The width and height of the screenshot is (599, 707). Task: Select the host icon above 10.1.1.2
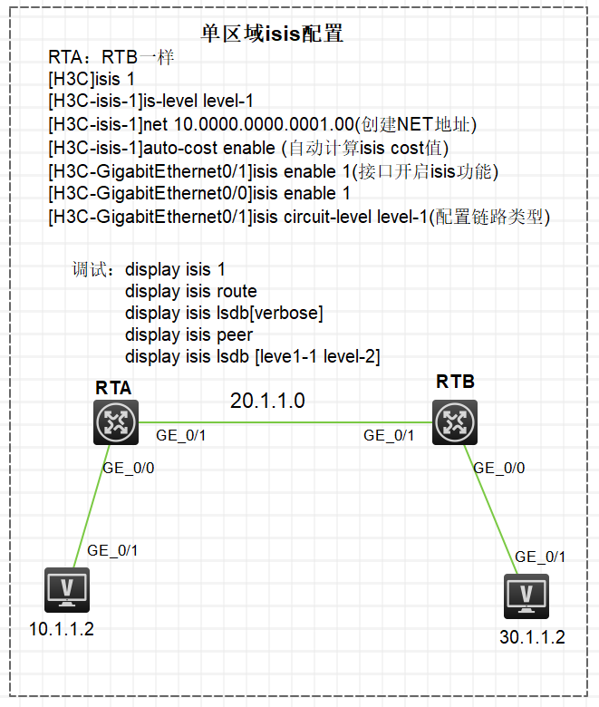click(x=67, y=590)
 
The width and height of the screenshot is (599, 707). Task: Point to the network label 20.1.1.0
click(x=267, y=400)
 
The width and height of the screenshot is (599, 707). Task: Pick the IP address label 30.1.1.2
click(x=532, y=637)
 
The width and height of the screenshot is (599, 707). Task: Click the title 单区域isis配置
click(x=272, y=34)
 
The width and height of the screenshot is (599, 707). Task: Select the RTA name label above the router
click(x=113, y=388)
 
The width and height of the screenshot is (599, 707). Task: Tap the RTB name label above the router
click(x=455, y=382)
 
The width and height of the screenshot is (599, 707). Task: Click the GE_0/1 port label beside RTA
click(x=182, y=435)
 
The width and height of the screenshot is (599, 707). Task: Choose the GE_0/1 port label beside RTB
click(x=389, y=435)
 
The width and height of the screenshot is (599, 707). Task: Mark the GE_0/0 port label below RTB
click(x=499, y=468)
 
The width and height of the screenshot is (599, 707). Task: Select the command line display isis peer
click(x=188, y=334)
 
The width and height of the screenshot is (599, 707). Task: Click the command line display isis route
click(x=190, y=291)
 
